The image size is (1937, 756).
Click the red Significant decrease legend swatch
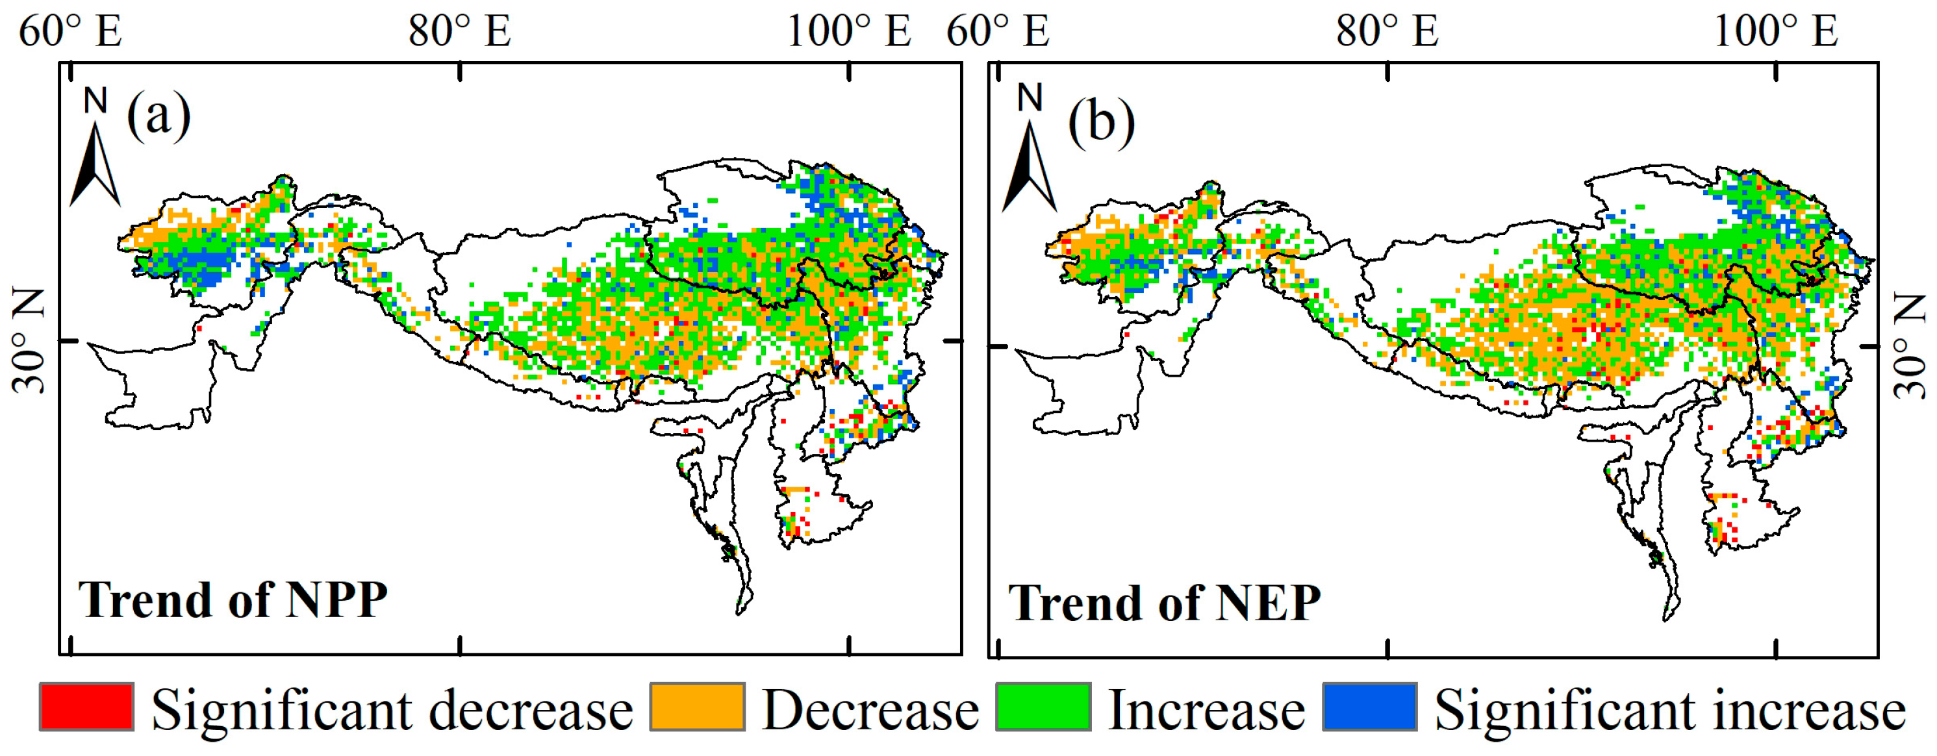86,707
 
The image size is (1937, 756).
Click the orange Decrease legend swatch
697,707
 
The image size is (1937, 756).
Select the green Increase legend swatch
1043,707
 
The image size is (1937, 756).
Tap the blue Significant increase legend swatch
1370,707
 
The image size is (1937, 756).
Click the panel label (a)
158,116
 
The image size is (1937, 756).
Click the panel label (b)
1102,120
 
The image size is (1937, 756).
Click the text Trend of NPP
233,599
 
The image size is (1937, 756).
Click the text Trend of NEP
1164,603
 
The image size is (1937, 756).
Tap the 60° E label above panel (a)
70,32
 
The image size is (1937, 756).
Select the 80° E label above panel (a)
459,32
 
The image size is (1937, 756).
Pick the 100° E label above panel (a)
848,32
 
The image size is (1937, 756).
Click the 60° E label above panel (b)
997,32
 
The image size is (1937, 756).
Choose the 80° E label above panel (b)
1387,32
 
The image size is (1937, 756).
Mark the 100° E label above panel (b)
1775,32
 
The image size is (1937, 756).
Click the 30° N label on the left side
29,342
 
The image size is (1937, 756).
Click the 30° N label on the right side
1908,346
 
